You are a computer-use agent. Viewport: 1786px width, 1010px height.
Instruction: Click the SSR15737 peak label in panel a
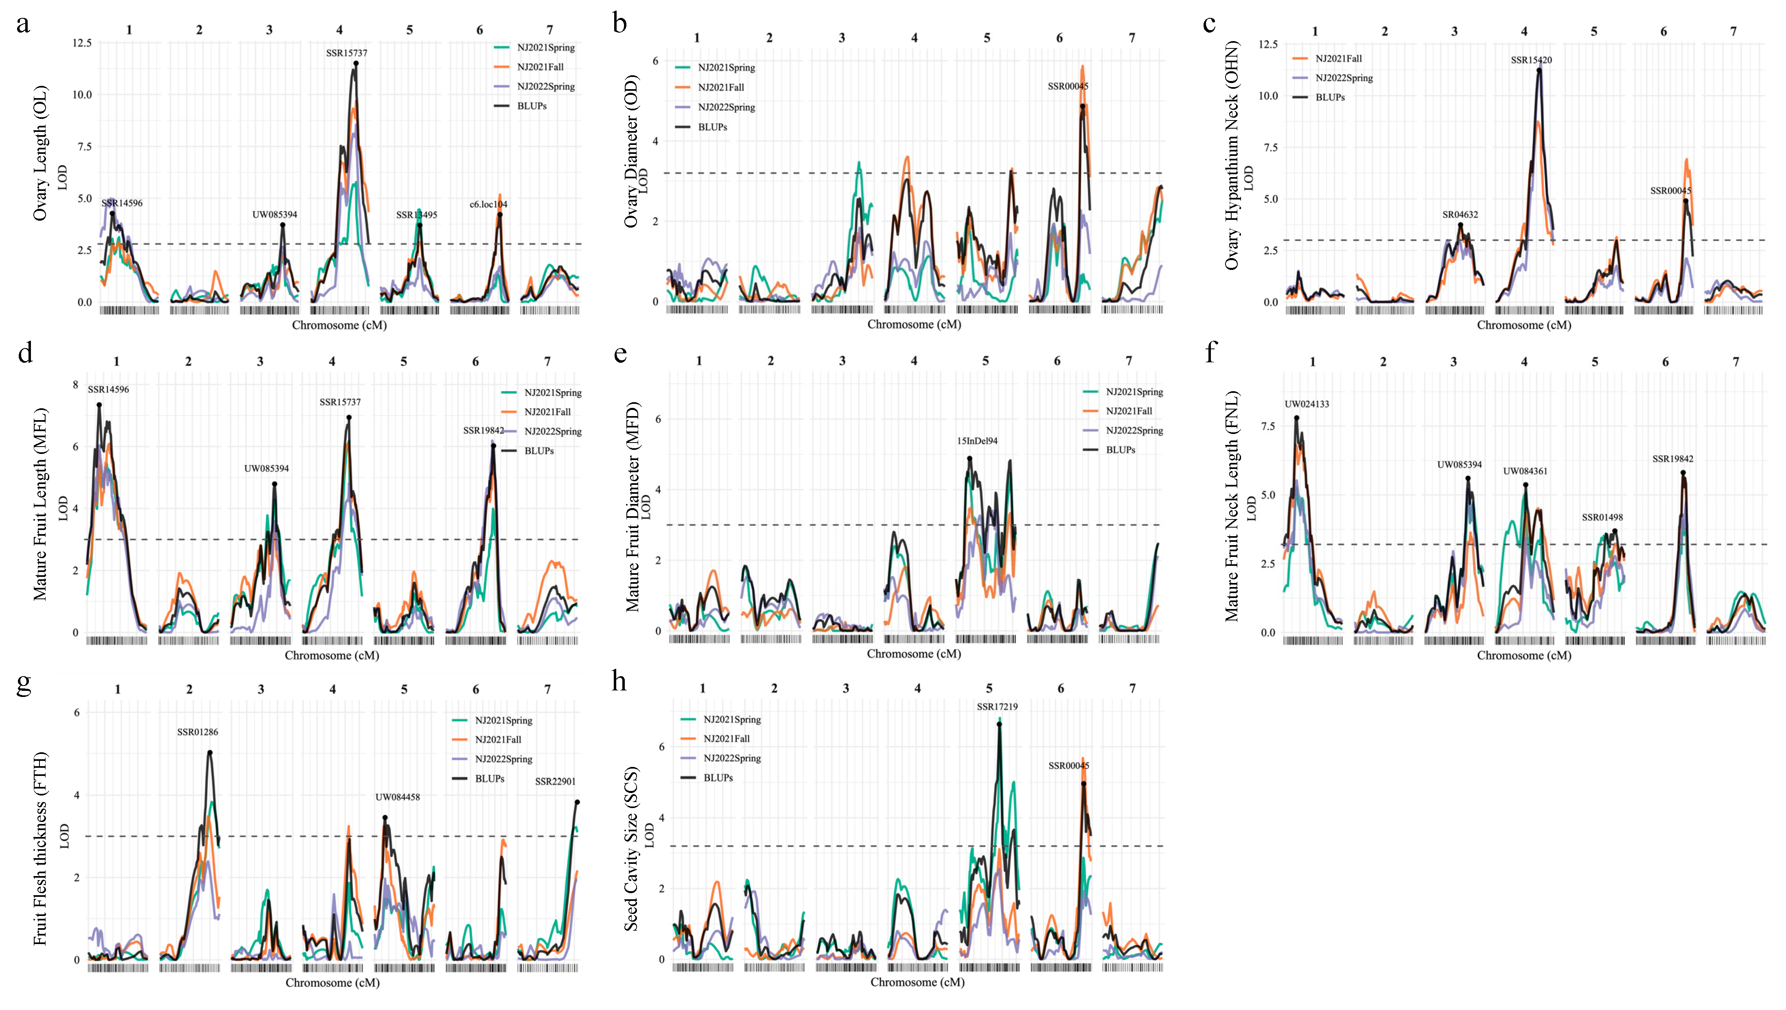(x=347, y=53)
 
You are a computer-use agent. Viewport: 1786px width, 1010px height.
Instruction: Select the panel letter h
(x=619, y=682)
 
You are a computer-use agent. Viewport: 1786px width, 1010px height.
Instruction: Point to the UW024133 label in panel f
(x=1306, y=404)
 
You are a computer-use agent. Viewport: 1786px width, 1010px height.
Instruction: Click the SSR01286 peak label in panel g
(x=197, y=732)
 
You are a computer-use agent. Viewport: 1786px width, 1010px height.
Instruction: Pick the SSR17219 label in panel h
(x=997, y=707)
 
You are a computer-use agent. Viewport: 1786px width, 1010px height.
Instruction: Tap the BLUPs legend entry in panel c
(x=1330, y=97)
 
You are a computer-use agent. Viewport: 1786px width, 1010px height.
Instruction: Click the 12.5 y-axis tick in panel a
(x=82, y=43)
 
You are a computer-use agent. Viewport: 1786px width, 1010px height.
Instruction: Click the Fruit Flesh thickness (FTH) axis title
(x=40, y=848)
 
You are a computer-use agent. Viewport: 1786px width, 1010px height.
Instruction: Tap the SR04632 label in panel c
(x=1460, y=215)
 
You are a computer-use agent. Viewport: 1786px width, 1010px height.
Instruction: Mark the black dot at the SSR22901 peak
(x=577, y=802)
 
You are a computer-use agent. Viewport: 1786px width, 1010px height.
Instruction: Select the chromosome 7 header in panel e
(x=1129, y=361)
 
